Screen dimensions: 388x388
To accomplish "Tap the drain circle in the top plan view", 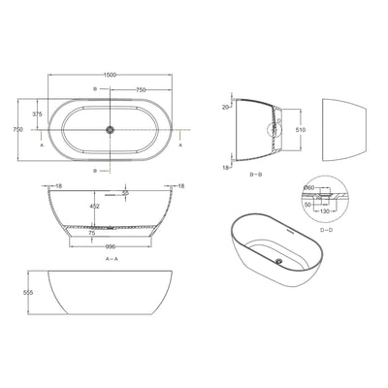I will [111, 128].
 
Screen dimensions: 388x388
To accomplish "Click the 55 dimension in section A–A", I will [126, 194].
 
